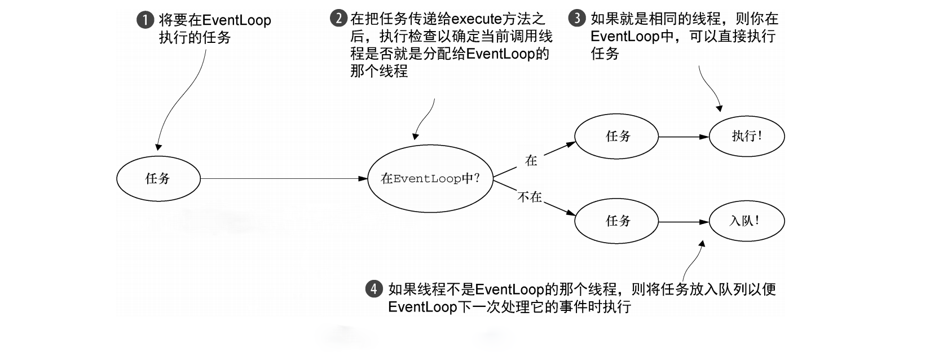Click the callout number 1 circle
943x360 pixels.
145,20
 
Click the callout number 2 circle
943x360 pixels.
338,18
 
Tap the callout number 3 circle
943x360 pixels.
576,18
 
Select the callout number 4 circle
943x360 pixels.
374,289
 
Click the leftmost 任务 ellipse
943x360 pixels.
158,179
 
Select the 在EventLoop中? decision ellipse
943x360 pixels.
430,179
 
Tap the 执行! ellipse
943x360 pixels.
747,136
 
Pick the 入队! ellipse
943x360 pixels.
747,221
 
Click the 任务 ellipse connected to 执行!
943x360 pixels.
616,137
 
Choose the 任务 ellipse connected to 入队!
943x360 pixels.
616,221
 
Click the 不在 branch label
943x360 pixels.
530,197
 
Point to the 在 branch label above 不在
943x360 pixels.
531,161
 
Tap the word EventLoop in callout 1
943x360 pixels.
236,21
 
